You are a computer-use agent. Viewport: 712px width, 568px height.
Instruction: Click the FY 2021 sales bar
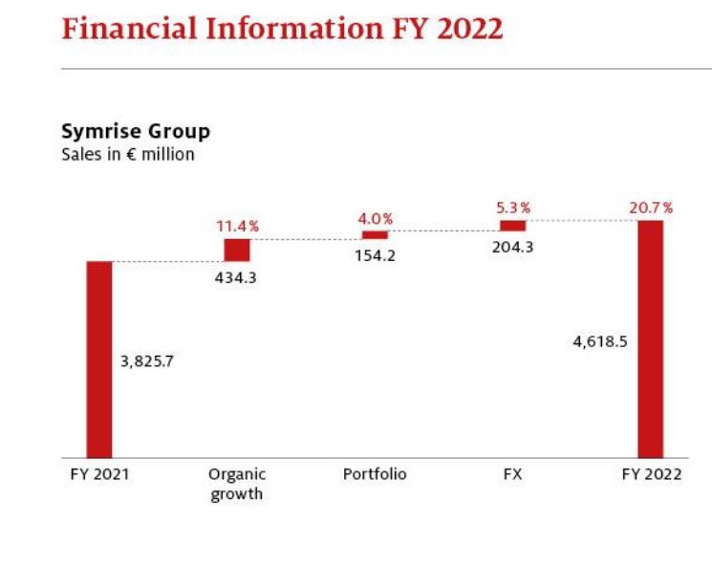(x=99, y=360)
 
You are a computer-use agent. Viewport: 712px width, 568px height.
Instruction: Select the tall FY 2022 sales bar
(x=650, y=339)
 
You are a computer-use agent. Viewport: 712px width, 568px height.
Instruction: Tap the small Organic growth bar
(x=237, y=250)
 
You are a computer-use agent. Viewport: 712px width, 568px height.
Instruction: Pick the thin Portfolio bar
(x=375, y=234)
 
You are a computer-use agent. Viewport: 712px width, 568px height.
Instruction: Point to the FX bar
(x=513, y=226)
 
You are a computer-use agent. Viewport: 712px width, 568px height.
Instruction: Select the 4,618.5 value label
(x=600, y=340)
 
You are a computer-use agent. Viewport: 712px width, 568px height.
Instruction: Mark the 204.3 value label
(x=513, y=248)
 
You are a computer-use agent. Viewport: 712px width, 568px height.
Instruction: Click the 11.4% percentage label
(x=239, y=226)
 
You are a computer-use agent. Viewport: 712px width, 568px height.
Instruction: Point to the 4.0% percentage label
(x=376, y=219)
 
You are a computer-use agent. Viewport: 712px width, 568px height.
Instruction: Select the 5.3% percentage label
(x=512, y=208)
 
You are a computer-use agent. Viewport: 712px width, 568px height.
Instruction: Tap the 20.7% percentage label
(x=650, y=208)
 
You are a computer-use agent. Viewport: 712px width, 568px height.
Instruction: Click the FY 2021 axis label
(x=99, y=474)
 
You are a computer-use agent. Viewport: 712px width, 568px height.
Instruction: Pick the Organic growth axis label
(x=237, y=484)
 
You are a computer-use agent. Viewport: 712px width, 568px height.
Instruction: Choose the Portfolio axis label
(x=375, y=474)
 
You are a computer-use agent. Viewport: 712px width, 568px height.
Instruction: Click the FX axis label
(x=512, y=474)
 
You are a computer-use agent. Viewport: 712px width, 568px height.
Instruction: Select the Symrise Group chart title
(x=136, y=131)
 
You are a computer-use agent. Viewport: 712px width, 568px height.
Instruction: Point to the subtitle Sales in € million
(x=128, y=154)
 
